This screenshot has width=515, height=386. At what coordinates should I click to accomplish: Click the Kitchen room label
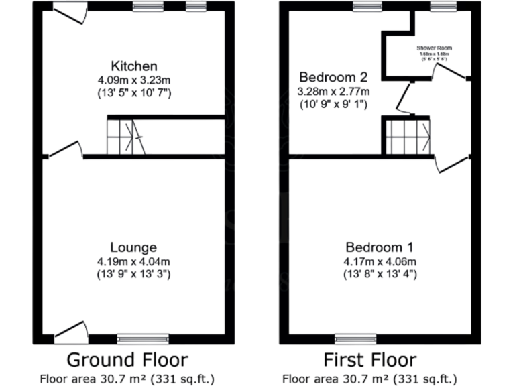pyautogui.click(x=134, y=66)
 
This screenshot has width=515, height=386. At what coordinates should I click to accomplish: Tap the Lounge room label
pyautogui.click(x=134, y=247)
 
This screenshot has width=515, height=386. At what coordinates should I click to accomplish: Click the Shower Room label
pyautogui.click(x=434, y=48)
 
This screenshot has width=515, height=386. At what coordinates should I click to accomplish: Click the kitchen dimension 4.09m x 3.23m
pyautogui.click(x=134, y=80)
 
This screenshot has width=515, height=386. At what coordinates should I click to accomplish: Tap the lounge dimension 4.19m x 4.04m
pyautogui.click(x=134, y=261)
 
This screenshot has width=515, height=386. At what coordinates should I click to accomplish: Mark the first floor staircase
pyautogui.click(x=407, y=135)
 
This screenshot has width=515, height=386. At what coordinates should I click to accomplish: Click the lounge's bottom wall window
pyautogui.click(x=143, y=338)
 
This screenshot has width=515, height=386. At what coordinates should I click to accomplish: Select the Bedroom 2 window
pyautogui.click(x=367, y=7)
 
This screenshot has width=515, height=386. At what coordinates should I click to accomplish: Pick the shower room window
pyautogui.click(x=443, y=7)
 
